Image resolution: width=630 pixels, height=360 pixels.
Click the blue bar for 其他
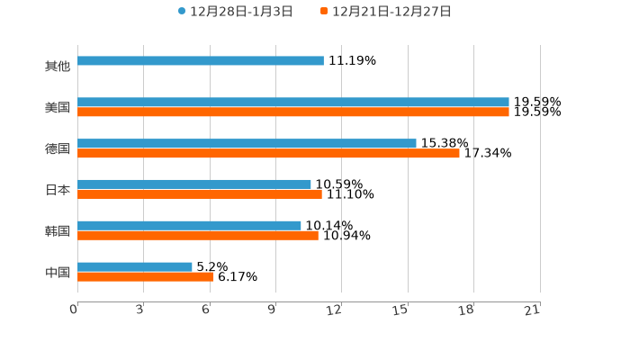tap(201, 61)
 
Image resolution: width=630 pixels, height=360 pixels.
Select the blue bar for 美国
tap(293, 103)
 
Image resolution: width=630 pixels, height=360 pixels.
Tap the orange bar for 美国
tap(293, 112)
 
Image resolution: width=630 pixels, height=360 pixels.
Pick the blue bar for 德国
tap(247, 143)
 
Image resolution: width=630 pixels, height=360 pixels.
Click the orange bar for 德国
tap(269, 154)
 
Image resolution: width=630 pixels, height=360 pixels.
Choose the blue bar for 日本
tap(194, 184)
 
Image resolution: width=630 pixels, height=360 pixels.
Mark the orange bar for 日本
tap(200, 194)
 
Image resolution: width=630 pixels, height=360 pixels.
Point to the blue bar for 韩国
tap(190, 225)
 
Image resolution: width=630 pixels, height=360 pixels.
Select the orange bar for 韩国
tap(198, 236)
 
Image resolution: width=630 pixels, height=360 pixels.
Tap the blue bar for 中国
tap(135, 266)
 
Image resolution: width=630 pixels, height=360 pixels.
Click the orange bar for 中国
tap(146, 277)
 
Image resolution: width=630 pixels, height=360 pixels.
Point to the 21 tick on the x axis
tap(533, 310)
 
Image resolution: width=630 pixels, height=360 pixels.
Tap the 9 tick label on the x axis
tap(270, 310)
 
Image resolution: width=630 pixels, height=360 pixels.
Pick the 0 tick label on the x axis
tap(74, 310)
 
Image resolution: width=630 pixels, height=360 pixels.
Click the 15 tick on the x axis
tap(401, 310)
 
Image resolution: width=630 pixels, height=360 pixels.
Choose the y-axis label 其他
tap(58, 67)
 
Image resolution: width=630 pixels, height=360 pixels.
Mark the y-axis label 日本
tap(58, 190)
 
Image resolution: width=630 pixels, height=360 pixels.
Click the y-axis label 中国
tap(58, 272)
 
